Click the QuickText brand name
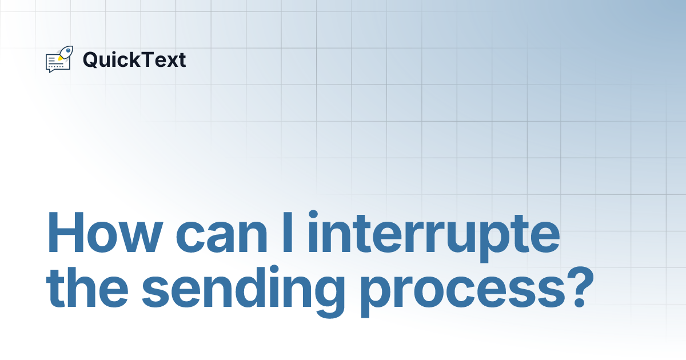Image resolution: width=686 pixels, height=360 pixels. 134,59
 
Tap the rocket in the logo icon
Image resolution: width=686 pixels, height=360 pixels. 66,52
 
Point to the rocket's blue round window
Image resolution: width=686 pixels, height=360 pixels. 68,50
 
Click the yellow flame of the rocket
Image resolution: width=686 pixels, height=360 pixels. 60,58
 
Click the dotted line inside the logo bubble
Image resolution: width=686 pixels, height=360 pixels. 56,66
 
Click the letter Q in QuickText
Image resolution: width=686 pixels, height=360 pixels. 90,59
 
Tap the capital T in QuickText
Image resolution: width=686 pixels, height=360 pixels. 148,59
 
